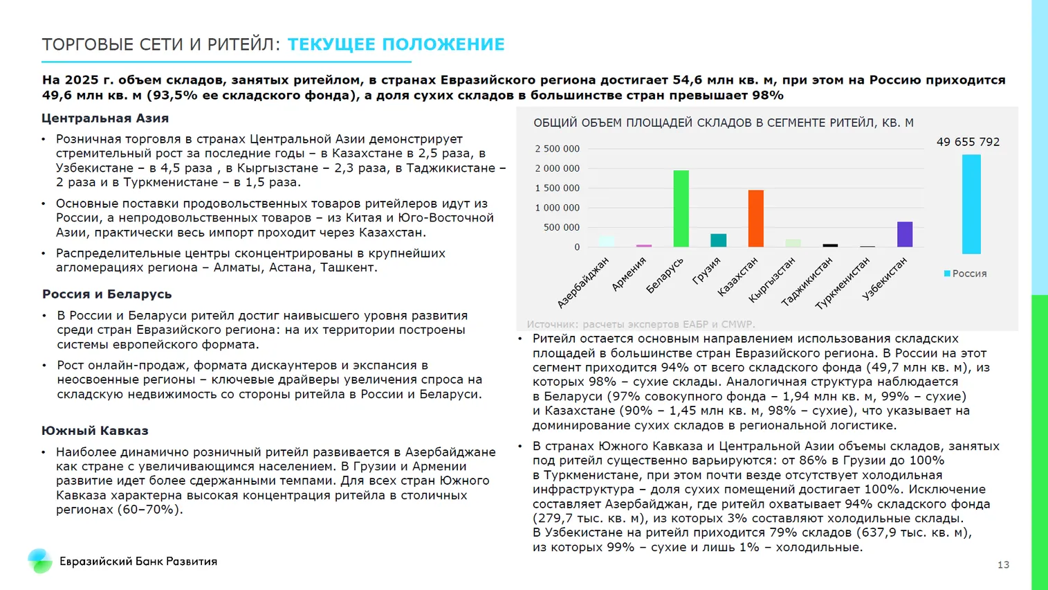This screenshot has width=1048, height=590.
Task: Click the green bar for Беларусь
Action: (681, 208)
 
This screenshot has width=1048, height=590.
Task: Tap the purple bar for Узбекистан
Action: (904, 234)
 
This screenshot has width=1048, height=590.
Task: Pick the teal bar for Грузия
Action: (718, 240)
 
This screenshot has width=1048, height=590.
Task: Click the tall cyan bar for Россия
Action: (971, 204)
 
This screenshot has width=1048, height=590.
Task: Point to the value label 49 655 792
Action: (967, 142)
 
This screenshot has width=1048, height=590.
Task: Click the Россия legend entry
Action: (965, 274)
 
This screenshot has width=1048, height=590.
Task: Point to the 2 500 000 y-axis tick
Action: (557, 149)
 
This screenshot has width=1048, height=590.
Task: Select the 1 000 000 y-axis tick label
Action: (557, 208)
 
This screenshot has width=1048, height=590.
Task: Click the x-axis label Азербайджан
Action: (583, 282)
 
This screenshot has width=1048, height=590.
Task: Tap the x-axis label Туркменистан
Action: (842, 283)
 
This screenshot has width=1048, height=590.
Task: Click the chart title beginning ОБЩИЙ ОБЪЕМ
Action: (723, 123)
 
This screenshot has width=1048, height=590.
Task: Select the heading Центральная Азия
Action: (105, 118)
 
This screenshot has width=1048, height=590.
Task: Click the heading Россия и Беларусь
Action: (107, 294)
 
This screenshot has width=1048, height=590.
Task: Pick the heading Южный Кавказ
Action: (95, 431)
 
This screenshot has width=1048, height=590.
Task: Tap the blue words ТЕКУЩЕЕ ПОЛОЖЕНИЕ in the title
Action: (396, 45)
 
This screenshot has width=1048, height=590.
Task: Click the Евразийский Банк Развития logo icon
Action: (39, 561)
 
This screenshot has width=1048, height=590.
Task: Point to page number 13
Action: (1003, 565)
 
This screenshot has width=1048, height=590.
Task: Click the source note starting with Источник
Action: (641, 324)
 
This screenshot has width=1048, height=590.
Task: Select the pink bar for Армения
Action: (644, 245)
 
